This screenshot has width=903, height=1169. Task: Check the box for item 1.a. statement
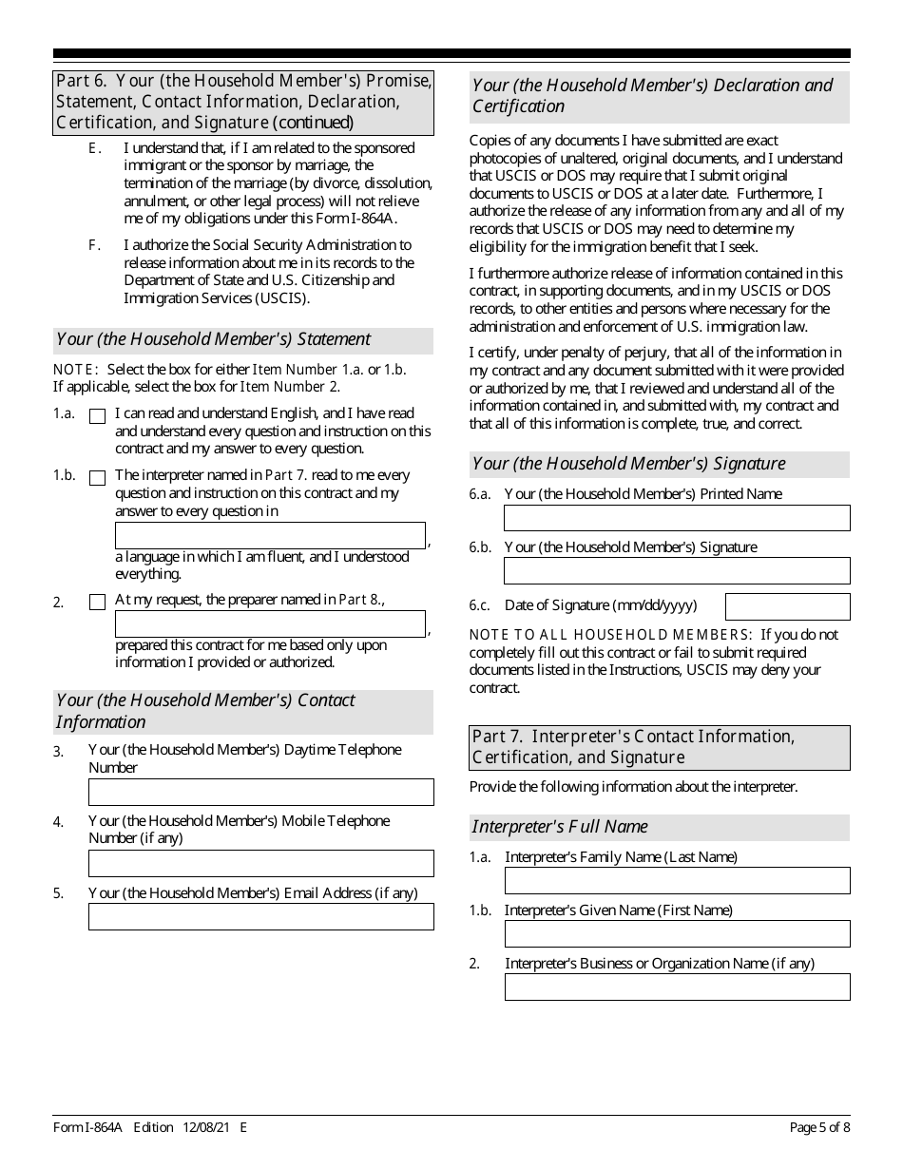[97, 416]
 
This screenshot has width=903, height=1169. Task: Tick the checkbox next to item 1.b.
[97, 478]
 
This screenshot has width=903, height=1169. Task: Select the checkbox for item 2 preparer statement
[97, 602]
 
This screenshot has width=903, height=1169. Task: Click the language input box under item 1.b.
[270, 535]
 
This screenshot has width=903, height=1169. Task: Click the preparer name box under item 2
[270, 623]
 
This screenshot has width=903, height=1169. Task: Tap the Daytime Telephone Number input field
[260, 792]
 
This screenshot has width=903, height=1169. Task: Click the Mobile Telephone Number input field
[260, 863]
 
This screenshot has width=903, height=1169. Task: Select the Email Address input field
[260, 916]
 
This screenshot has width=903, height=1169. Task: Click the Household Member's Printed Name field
[676, 518]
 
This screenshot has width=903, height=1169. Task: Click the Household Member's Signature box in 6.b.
[676, 570]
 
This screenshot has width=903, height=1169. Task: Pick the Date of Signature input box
[787, 606]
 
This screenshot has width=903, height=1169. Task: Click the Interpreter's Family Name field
[676, 881]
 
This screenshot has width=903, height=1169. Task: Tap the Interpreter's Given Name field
[676, 934]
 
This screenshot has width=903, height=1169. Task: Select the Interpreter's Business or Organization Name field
[676, 987]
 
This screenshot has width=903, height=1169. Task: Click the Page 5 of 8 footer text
[819, 1128]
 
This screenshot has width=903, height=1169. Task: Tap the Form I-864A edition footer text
[149, 1128]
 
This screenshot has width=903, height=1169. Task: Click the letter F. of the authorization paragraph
[94, 245]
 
